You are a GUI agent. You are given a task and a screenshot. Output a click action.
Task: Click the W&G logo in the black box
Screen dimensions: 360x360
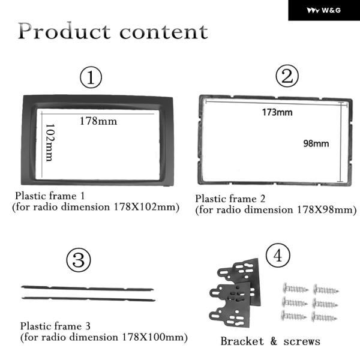[324, 10]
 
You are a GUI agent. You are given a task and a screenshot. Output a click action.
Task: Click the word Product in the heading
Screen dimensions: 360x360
[64, 31]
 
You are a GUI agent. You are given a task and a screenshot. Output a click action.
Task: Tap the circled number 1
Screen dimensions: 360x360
[91, 77]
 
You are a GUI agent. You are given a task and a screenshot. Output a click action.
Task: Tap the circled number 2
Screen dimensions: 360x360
[287, 76]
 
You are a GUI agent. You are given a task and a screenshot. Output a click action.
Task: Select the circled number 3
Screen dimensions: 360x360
[79, 260]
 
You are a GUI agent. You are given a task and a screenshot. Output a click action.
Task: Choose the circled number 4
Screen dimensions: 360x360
[278, 256]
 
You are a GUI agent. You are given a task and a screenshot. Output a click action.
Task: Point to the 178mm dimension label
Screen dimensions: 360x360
[98, 121]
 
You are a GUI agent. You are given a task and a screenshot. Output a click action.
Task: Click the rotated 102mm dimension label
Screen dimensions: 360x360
[50, 143]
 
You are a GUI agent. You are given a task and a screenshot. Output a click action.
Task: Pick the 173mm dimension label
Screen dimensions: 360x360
[277, 112]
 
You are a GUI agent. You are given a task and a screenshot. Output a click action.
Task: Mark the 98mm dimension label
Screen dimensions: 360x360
[316, 143]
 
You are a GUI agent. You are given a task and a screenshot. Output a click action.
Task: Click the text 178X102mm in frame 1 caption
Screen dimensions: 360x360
[146, 207]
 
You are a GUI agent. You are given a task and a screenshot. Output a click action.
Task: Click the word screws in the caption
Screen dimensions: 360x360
[302, 341]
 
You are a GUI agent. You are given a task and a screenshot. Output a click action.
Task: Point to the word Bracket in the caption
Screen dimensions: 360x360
[242, 341]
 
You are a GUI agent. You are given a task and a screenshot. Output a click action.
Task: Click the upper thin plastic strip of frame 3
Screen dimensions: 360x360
[87, 288]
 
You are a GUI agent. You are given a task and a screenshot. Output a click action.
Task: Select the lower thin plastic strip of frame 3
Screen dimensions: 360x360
[89, 299]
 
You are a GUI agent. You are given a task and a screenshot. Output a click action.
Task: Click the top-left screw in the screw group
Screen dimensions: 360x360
[295, 289]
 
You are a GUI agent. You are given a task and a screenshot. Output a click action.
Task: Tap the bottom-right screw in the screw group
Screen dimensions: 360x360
[324, 317]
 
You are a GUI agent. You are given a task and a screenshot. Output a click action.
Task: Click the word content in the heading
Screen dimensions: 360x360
[164, 32]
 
